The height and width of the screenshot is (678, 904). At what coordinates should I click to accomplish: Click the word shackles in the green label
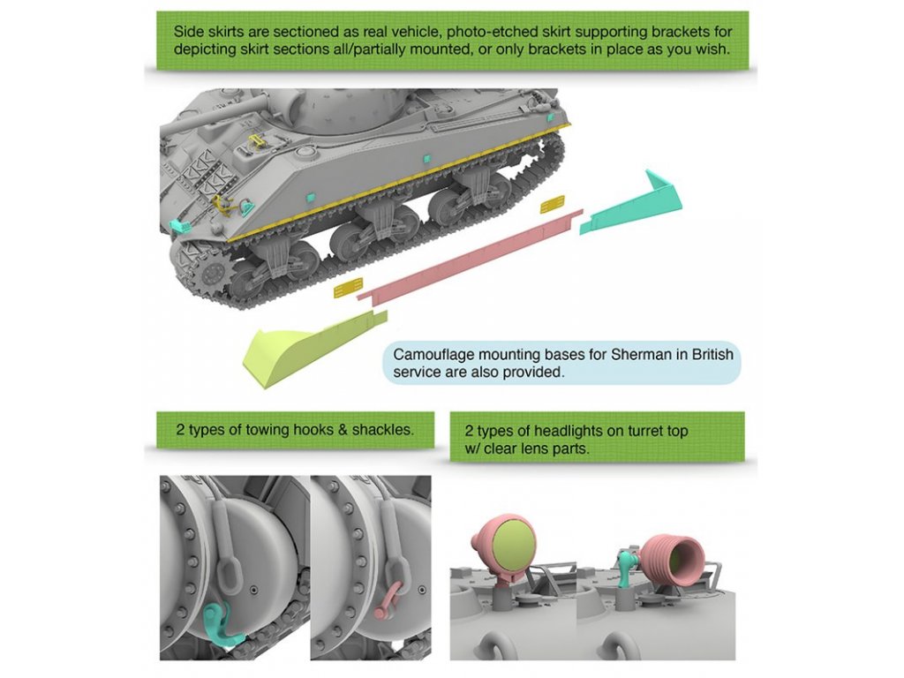[384, 430]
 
